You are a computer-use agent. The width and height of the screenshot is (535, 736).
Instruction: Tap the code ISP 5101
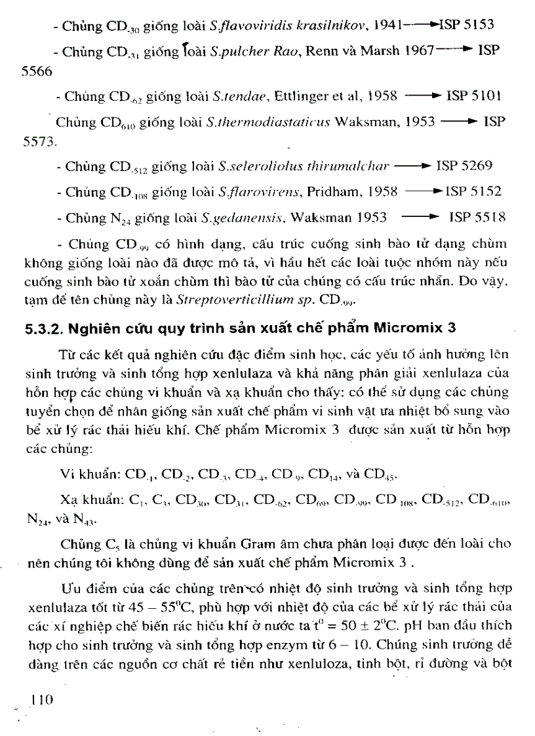tap(473, 96)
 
